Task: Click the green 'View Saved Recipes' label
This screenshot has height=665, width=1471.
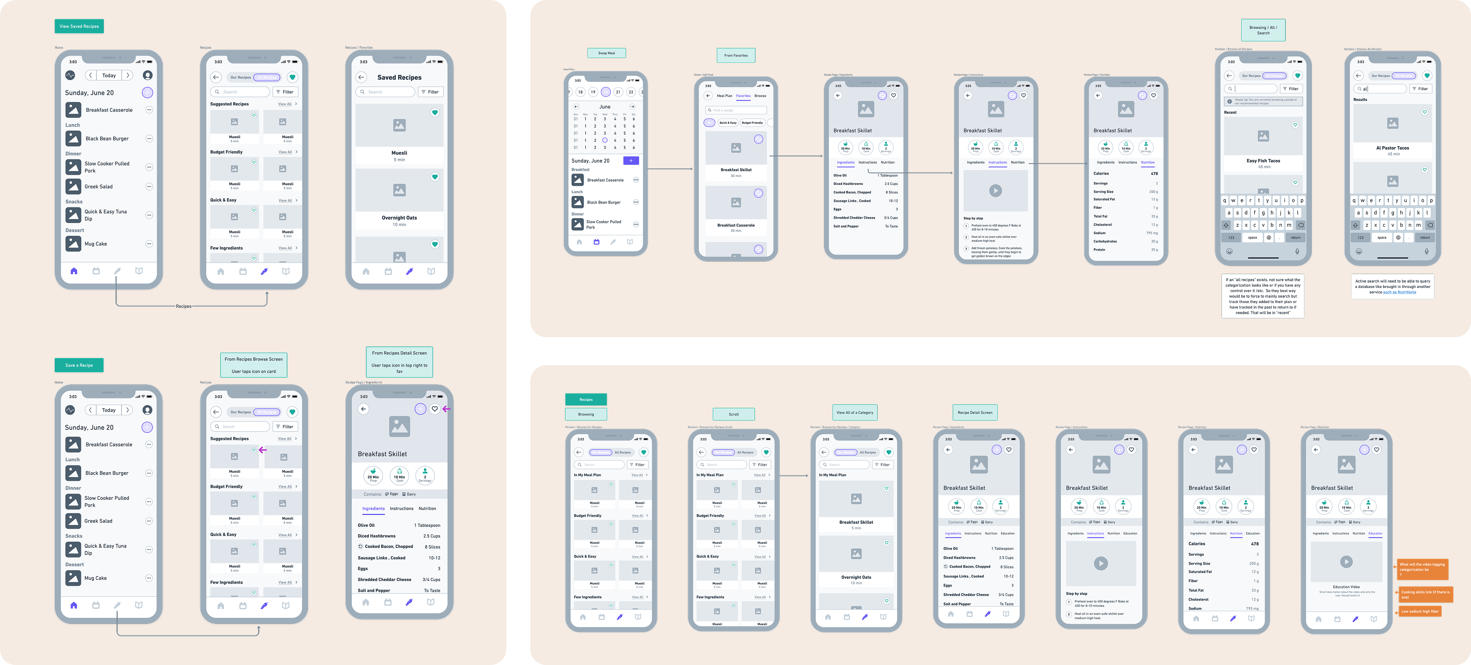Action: pyautogui.click(x=79, y=26)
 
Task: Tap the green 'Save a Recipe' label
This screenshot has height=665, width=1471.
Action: pyautogui.click(x=79, y=365)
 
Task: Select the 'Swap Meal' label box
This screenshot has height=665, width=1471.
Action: pyautogui.click(x=606, y=53)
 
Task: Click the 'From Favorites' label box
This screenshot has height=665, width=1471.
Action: pyautogui.click(x=735, y=56)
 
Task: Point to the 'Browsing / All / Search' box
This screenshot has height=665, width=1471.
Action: pyautogui.click(x=1263, y=30)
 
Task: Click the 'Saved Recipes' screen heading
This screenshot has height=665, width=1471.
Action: pyautogui.click(x=399, y=78)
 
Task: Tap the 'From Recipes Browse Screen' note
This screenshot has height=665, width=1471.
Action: pyautogui.click(x=254, y=365)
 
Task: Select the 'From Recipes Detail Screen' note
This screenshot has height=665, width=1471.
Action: pyautogui.click(x=399, y=362)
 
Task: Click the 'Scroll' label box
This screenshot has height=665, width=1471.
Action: pyautogui.click(x=734, y=414)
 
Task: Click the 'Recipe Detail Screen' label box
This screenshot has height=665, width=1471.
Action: pyautogui.click(x=975, y=413)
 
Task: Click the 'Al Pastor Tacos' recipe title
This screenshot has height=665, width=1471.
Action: pyautogui.click(x=1392, y=148)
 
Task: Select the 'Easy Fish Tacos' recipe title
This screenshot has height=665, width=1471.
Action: pyautogui.click(x=1263, y=161)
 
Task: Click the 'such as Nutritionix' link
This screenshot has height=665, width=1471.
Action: pyautogui.click(x=1399, y=292)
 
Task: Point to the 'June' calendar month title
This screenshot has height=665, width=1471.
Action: pyautogui.click(x=605, y=107)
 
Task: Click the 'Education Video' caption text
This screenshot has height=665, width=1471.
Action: pyautogui.click(x=1346, y=587)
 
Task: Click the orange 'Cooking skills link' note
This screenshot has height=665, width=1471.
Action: pyautogui.click(x=1425, y=594)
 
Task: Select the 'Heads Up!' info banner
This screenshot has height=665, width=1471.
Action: pyautogui.click(x=1263, y=102)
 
